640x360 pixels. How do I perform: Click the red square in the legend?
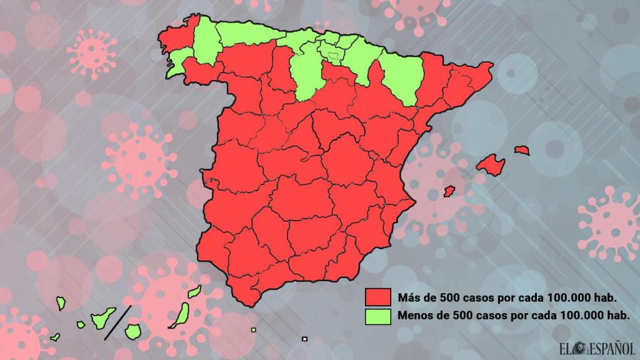click(378, 296)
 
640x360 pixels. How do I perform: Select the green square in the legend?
click(378, 316)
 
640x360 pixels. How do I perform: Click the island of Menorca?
click(522, 150)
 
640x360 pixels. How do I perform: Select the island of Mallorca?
click(491, 164)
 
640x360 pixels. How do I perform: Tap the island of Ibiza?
click(448, 190)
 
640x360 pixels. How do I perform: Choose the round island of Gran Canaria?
click(132, 330)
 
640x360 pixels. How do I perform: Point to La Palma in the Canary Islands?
click(61, 303)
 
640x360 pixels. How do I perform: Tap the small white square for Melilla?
click(304, 339)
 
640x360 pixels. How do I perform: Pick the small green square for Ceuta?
click(253, 330)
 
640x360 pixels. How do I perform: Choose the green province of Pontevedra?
click(175, 62)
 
